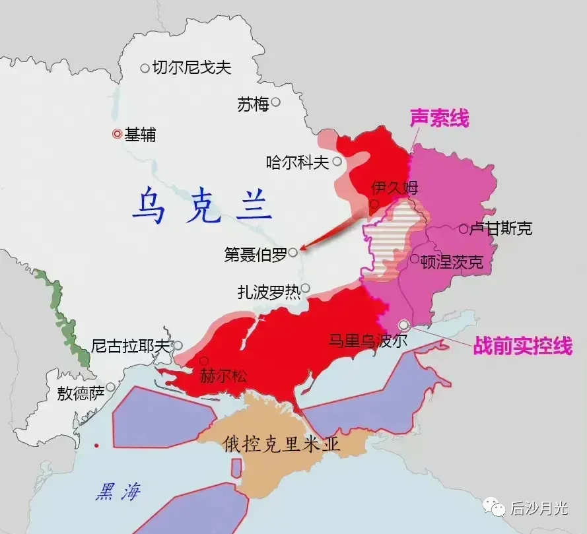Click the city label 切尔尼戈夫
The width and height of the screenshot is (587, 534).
(x=191, y=67)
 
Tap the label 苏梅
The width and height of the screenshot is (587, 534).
(x=253, y=104)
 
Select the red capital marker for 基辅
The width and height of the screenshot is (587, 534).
(x=117, y=133)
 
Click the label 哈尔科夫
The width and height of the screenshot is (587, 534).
(x=297, y=162)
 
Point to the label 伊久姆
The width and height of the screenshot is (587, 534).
(x=395, y=187)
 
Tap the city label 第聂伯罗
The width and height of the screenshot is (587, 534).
(x=256, y=255)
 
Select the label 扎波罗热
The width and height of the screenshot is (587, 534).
(x=269, y=292)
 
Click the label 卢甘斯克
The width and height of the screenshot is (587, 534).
(x=500, y=229)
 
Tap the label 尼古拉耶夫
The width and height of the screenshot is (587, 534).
(x=130, y=346)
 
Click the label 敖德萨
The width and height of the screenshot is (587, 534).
(x=81, y=394)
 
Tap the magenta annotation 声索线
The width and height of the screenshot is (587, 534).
(x=439, y=119)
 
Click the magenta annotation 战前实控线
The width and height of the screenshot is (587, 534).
(x=522, y=346)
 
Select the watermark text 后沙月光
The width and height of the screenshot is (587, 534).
(x=538, y=508)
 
